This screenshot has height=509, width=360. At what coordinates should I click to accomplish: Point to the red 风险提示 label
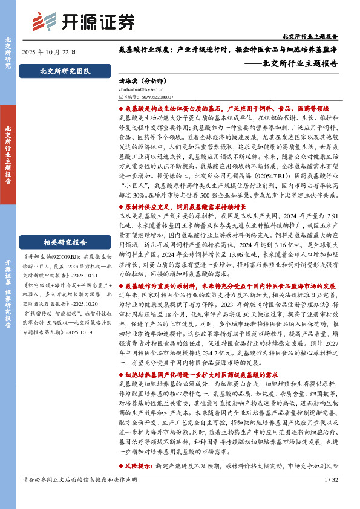pos(136,450)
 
